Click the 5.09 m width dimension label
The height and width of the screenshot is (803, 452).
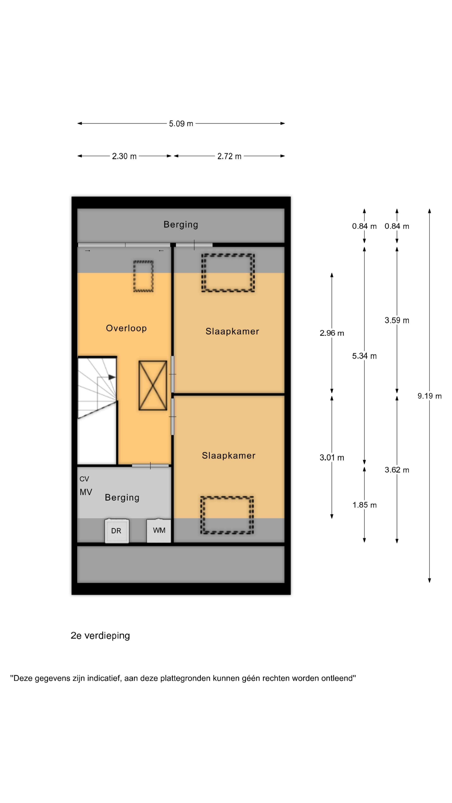(181, 124)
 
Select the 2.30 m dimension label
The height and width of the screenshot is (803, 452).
(124, 156)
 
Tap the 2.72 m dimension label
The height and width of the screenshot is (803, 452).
(229, 156)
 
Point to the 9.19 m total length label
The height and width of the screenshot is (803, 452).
(430, 396)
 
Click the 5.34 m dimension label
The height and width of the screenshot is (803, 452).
(364, 356)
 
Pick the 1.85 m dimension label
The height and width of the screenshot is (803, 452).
(364, 505)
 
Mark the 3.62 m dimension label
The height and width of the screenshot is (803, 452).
(397, 470)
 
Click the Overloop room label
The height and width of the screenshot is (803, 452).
(126, 328)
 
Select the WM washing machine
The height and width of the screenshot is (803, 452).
(159, 530)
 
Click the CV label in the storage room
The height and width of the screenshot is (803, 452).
(84, 479)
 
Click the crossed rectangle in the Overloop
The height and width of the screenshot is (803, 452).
(153, 385)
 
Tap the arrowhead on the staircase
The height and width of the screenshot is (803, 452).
(112, 377)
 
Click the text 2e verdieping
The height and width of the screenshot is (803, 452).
(100, 636)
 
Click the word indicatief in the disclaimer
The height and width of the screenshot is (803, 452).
(104, 678)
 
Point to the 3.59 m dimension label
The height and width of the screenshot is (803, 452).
(397, 320)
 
